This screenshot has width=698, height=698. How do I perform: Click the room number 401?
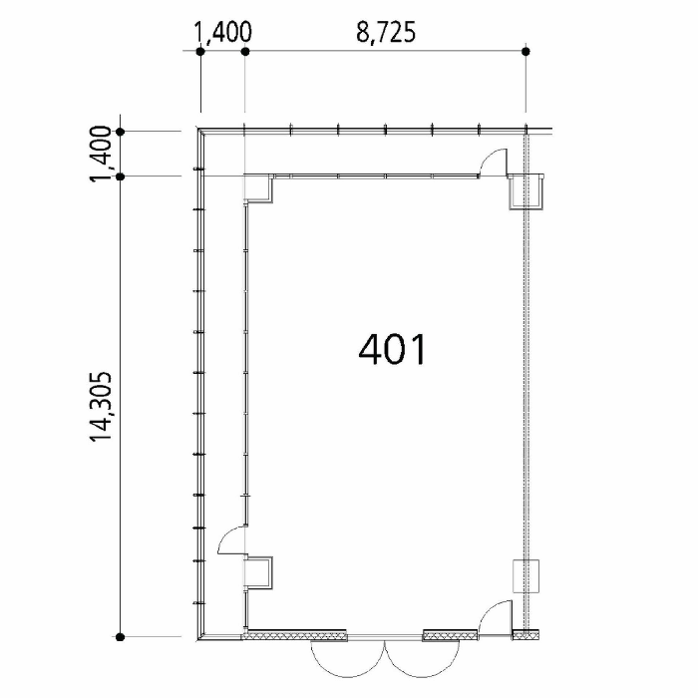(392, 350)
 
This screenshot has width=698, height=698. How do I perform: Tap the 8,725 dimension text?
(386, 33)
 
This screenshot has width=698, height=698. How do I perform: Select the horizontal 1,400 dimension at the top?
(223, 33)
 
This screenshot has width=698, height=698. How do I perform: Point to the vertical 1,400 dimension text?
(101, 154)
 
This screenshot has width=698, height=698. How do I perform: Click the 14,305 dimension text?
(101, 407)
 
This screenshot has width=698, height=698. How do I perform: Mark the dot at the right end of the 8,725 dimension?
(525, 51)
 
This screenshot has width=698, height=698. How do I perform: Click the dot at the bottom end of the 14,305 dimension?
(120, 637)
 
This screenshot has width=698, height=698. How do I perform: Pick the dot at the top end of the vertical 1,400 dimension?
(121, 132)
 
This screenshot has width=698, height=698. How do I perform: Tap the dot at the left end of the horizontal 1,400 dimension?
(200, 51)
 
